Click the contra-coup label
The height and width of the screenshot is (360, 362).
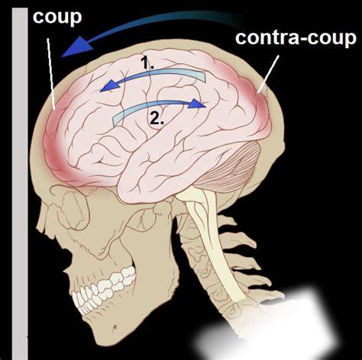click(296, 38)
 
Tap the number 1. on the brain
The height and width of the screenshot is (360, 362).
click(147, 63)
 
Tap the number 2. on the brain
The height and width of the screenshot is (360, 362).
click(157, 118)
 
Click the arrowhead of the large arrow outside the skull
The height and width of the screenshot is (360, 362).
click(76, 47)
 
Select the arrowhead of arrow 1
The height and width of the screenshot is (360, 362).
click(109, 85)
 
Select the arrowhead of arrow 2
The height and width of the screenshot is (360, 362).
click(198, 104)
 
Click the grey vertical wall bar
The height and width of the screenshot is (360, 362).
click(20, 183)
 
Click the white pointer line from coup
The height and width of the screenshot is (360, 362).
click(51, 74)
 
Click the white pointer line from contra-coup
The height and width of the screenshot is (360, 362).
click(268, 74)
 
